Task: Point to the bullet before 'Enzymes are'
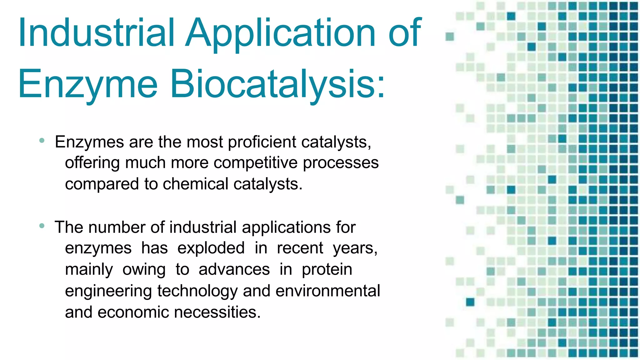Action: pos(42,141)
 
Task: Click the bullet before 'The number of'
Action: pos(42,226)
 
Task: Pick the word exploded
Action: pos(211,248)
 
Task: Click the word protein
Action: pos(327,270)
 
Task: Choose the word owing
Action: pos(144,270)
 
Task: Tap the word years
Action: pos(355,248)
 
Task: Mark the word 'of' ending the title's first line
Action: pos(405,32)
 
